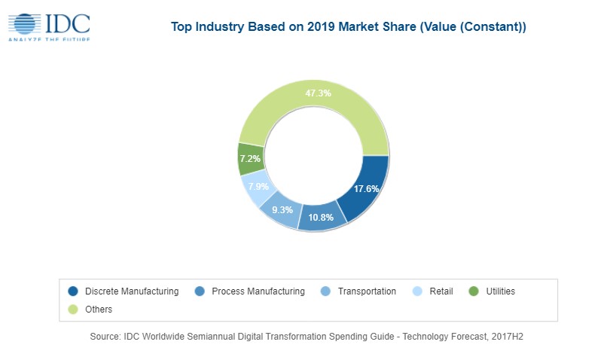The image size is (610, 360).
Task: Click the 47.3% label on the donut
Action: (319, 93)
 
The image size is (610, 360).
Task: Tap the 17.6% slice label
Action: (366, 189)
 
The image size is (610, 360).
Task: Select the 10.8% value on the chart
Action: (321, 218)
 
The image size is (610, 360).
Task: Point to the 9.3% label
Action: (282, 210)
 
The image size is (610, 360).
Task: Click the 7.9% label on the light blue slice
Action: (259, 187)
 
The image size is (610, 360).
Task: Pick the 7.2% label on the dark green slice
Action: (250, 159)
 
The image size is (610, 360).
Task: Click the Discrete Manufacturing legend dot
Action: (73, 291)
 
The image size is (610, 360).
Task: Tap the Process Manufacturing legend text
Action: (258, 291)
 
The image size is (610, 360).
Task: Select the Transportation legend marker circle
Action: (325, 291)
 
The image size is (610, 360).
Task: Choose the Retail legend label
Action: (441, 291)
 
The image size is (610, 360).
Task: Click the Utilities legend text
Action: (501, 291)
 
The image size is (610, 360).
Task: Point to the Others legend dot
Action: (73, 310)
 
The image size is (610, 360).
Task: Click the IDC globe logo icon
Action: (25, 24)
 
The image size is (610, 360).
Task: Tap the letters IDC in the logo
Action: (68, 23)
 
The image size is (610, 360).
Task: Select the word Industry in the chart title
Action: (219, 27)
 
